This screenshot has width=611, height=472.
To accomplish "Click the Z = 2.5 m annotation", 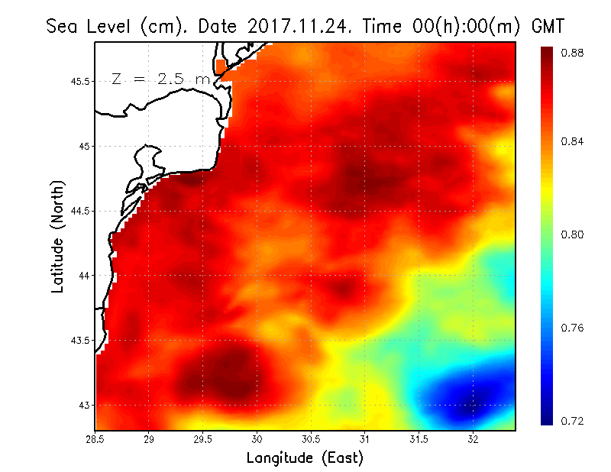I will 160,79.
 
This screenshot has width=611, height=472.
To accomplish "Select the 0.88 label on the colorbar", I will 574,53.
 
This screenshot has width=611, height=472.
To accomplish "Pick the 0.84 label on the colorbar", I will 574,141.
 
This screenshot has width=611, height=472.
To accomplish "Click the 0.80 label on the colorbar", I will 574,234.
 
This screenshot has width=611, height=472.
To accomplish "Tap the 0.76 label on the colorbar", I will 574,328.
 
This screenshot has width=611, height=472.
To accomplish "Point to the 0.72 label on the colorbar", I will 574,421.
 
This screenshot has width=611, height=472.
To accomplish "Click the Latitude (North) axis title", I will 57,236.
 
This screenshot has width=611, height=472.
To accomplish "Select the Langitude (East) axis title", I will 305,458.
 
